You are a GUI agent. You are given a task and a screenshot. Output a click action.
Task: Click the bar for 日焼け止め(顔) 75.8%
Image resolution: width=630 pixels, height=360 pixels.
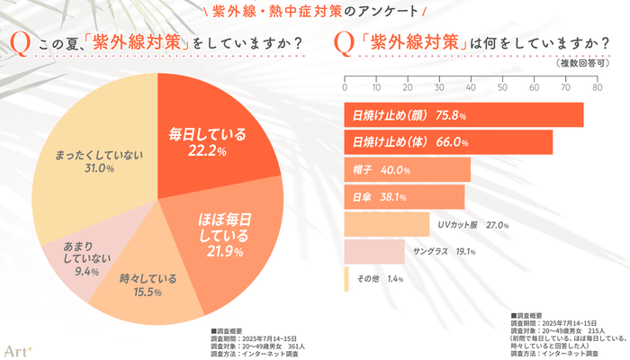click(x=463, y=115)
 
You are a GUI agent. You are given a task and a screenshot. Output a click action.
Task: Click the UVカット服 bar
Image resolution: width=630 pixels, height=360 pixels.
click(x=387, y=225)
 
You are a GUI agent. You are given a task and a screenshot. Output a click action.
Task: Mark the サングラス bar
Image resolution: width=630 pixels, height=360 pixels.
click(x=374, y=252)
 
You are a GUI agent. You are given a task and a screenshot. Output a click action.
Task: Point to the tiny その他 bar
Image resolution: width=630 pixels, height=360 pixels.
click(x=346, y=280)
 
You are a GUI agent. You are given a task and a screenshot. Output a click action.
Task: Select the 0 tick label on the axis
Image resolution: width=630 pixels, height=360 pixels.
click(x=345, y=87)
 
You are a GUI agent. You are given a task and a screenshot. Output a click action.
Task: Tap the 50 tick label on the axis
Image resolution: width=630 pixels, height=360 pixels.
click(x=502, y=87)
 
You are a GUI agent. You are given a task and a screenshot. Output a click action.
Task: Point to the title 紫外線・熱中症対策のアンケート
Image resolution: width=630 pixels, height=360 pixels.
click(x=315, y=12)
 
